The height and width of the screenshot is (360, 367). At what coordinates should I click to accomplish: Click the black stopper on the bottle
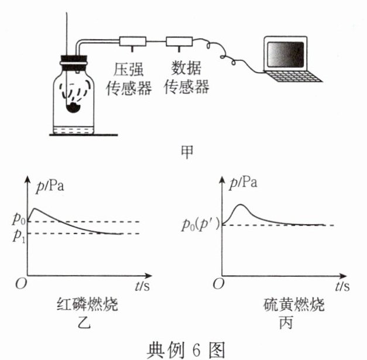click(74, 59)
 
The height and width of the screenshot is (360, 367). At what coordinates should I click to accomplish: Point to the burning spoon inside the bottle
click(75, 107)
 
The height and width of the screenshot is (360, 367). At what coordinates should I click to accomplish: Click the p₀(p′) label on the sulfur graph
click(197, 225)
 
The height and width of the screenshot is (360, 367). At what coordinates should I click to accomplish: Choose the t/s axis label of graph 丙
click(342, 286)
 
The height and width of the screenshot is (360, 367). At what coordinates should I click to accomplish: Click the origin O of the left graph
click(19, 285)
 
